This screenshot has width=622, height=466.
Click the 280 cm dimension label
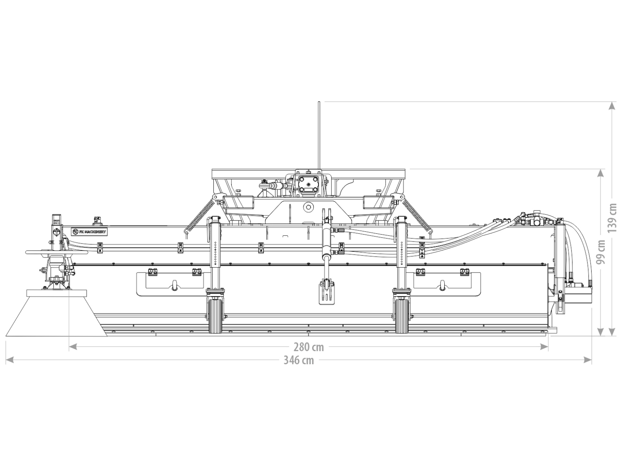click(x=309, y=347)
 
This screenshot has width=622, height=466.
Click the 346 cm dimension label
click(x=299, y=360)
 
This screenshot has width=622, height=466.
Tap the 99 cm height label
click(x=601, y=252)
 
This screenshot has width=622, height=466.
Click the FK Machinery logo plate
click(x=89, y=232)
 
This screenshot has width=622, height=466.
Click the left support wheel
click(x=217, y=316)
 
